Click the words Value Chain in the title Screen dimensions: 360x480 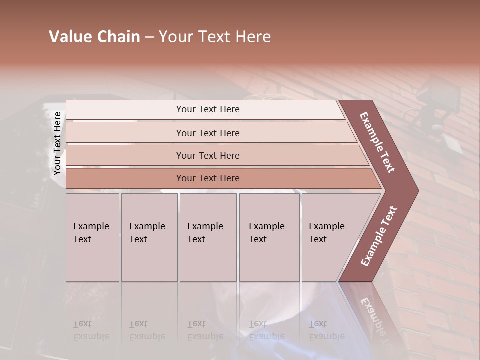point(94,37)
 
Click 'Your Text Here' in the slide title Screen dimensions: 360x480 point(215,37)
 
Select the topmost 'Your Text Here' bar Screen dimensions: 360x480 point(208,109)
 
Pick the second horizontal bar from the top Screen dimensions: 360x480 point(208,133)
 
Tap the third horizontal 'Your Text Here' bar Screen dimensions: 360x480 point(208,155)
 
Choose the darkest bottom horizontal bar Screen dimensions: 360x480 point(208,178)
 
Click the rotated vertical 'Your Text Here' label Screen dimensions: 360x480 point(57,144)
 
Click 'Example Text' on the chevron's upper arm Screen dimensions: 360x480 point(378,142)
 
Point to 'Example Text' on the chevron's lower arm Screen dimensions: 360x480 point(379,236)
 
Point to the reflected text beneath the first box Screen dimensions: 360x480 point(91,330)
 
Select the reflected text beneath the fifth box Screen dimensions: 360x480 point(326,330)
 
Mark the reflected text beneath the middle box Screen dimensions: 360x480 point(205,330)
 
